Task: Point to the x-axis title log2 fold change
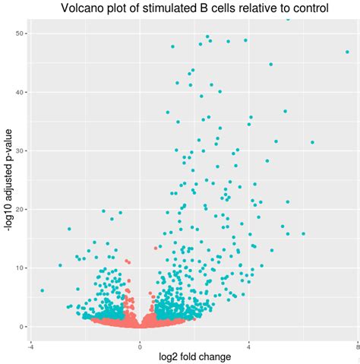[x=194, y=356]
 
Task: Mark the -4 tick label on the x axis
[x=30, y=340]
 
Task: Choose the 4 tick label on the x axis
[x=248, y=340]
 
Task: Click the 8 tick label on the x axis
[x=357, y=340]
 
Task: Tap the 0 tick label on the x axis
[x=140, y=340]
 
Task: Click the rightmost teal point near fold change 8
[x=347, y=52]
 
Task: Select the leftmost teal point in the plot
[x=42, y=290]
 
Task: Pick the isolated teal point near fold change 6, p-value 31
[x=311, y=142]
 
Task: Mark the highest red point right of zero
[x=156, y=248]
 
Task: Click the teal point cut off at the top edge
[x=287, y=21]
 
